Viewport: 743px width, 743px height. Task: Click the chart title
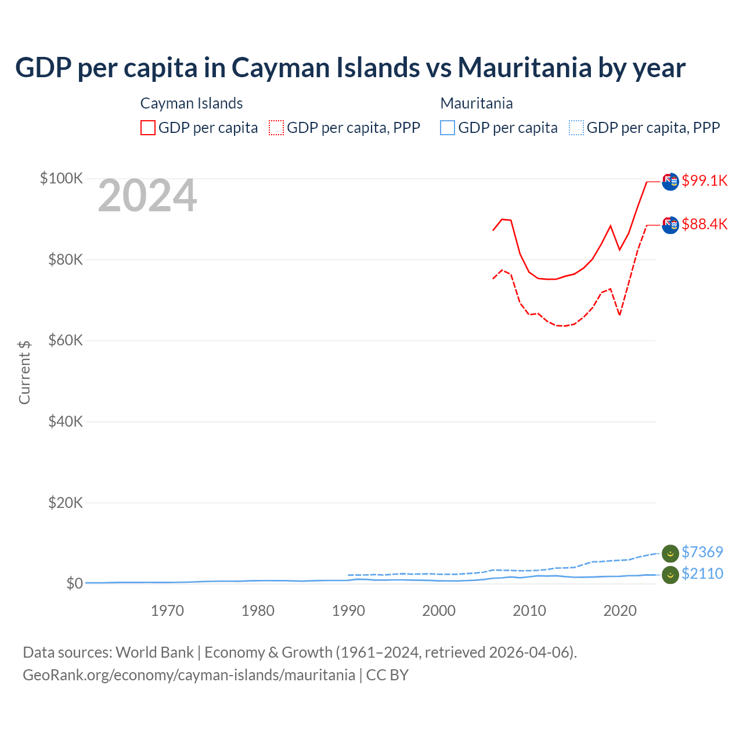[350, 67]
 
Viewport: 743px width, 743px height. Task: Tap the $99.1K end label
[704, 181]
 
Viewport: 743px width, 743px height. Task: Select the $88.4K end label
[704, 224]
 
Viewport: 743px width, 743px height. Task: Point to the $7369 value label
[702, 552]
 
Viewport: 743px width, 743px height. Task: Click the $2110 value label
[702, 574]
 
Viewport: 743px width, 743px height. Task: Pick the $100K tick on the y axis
[61, 178]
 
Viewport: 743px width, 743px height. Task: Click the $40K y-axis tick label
[66, 421]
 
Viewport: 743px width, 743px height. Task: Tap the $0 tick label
[74, 583]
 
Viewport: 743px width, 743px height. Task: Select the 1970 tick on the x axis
[167, 611]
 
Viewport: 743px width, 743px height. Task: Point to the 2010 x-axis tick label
[529, 611]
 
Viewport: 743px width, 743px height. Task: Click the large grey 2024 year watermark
[147, 196]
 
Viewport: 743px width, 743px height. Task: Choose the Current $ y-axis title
[24, 372]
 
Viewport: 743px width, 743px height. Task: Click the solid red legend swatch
[148, 128]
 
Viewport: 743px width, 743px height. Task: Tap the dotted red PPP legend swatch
[276, 128]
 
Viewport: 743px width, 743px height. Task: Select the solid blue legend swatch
[448, 128]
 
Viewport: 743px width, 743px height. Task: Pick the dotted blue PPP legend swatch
[576, 128]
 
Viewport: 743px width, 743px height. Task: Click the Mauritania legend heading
[477, 103]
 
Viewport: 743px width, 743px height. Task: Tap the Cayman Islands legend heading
[192, 103]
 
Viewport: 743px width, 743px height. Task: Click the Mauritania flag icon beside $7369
[670, 553]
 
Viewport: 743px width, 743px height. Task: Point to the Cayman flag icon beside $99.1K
[670, 181]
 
